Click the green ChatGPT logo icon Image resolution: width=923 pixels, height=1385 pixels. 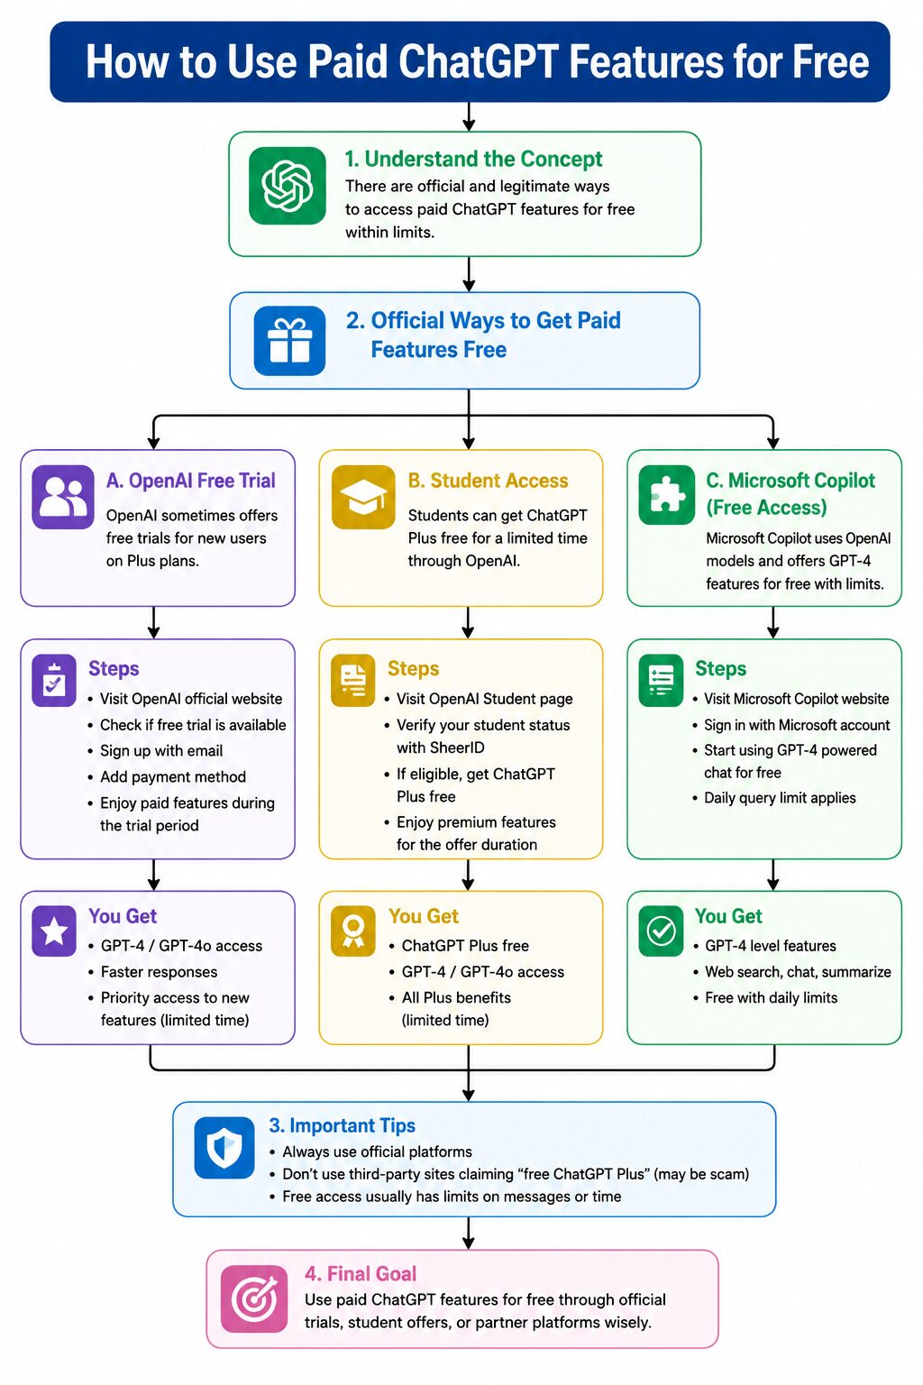point(287,186)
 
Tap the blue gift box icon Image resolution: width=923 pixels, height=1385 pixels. point(289,341)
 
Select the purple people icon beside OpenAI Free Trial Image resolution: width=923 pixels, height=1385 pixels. point(63,497)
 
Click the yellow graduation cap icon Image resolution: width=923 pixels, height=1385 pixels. point(363,497)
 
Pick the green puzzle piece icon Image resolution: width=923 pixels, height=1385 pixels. point(667,495)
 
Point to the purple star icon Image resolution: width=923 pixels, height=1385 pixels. point(54,931)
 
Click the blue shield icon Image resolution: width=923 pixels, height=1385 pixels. point(224,1148)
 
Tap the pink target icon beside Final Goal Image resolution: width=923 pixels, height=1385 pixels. point(254,1298)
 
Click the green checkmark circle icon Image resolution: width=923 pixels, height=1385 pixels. point(661,931)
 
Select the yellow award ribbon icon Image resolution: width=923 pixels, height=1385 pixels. point(353,931)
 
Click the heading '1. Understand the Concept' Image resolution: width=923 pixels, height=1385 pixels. point(473,159)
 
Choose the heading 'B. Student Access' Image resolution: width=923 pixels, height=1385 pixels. point(488,481)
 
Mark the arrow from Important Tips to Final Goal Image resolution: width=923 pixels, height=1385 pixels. point(469,1234)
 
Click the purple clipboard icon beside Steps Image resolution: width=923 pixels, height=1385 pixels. point(54,680)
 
